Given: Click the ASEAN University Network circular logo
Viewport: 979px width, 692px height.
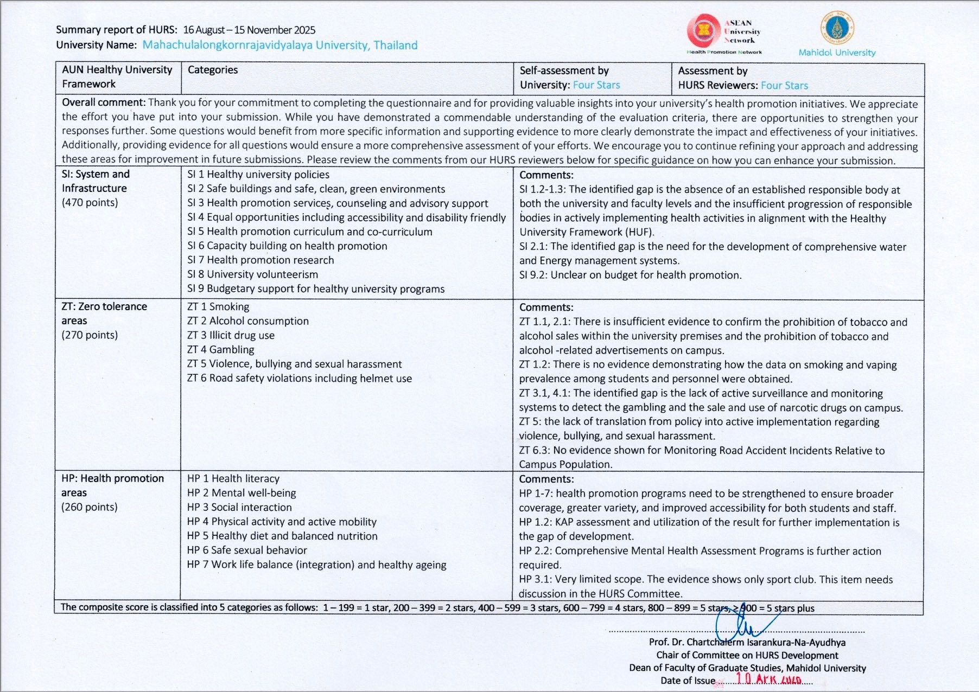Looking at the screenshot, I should pos(703,30).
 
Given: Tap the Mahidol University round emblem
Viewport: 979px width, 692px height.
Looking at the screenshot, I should pos(837,28).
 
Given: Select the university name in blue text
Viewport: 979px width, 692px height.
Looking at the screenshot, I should pos(280,45).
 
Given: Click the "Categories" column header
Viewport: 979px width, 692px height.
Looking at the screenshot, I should pos(213,70).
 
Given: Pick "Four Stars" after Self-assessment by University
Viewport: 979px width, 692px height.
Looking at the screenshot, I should pos(596,85).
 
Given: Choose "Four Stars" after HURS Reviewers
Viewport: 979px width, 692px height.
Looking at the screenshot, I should pos(784,86).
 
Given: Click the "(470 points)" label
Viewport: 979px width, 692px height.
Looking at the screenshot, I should pos(90,203).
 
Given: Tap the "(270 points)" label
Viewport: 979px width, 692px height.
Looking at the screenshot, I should pos(90,335).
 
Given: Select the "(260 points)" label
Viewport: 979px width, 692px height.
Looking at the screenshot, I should pos(90,507).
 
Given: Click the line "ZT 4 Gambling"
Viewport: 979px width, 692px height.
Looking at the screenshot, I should pos(221,350).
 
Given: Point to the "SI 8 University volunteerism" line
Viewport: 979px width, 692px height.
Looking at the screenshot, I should pos(253,274).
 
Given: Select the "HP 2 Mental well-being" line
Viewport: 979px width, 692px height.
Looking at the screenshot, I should pos(241,493).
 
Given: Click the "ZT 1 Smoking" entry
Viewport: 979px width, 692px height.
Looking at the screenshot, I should pos(218,307).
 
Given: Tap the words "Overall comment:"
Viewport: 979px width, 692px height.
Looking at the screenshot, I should pos(104,102).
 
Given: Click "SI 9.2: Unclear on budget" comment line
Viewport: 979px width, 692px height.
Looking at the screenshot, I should pos(630,275).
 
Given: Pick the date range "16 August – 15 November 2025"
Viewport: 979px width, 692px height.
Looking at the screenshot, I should pos(249,30).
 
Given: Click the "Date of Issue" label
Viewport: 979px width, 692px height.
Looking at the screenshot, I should pos(688,681).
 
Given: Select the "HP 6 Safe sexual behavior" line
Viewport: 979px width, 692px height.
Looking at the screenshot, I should pos(247,550).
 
